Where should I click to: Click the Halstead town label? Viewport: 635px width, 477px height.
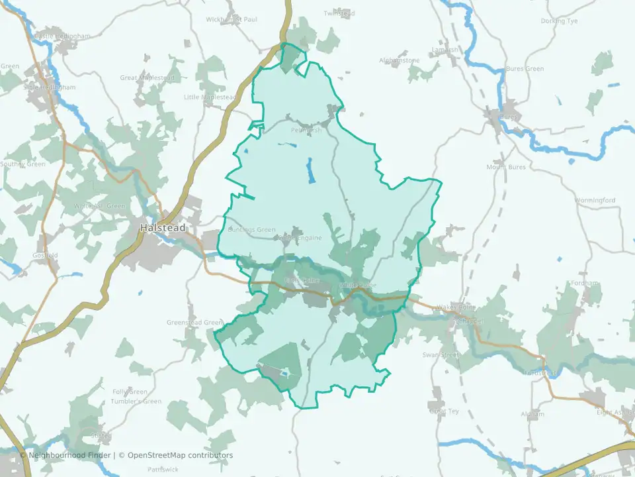coord(163,227)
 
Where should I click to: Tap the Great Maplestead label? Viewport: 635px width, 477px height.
coord(147,78)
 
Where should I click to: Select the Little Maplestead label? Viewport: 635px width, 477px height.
coord(210,97)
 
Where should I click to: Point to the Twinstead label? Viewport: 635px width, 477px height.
coord(339,13)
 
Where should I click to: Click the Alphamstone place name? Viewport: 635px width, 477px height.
coord(400,60)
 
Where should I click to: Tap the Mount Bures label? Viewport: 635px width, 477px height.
coord(506,167)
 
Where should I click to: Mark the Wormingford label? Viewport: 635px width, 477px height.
coord(595,200)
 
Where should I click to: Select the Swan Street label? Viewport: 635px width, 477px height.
coord(441,355)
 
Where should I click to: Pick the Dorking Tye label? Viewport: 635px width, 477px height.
coord(559,21)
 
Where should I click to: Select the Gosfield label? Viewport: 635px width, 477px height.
coord(45,255)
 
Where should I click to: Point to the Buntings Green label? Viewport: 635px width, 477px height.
coord(251,230)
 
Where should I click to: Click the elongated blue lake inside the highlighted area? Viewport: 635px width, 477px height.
coord(310,171)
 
